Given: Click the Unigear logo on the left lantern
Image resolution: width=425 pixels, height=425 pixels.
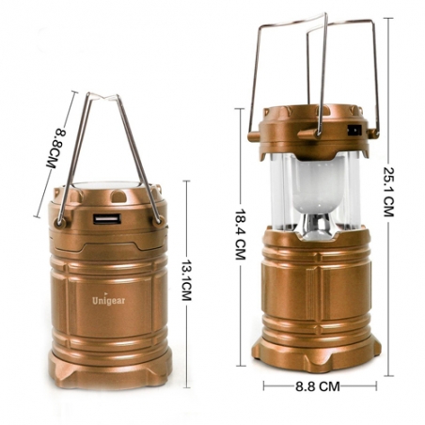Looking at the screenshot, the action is tap(108, 300).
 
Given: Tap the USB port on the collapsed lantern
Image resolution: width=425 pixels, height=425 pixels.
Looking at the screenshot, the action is tap(107, 219).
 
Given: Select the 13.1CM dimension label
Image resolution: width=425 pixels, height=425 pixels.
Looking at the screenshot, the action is tap(187, 280).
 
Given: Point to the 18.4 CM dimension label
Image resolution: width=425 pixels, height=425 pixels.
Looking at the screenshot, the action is tap(241, 234).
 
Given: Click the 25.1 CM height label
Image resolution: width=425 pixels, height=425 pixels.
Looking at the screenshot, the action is tap(388, 192).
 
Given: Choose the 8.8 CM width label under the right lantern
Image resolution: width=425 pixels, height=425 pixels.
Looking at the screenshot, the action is tap(318, 386).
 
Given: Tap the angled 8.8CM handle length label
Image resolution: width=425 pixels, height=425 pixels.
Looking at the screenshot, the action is tap(56, 149).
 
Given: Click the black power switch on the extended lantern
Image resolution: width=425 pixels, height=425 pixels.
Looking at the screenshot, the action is tap(354, 130).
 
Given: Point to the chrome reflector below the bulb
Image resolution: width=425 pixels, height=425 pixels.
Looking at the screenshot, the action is tap(317, 225).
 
